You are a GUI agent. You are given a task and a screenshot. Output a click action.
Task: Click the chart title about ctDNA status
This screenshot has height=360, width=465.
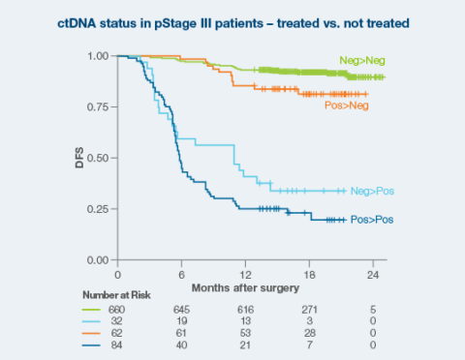pyautogui.click(x=232, y=22)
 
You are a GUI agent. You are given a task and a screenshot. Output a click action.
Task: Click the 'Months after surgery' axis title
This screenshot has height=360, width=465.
pyautogui.click(x=245, y=288)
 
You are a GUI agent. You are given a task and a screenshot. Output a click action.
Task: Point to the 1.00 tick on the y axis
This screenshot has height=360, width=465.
pyautogui.click(x=97, y=56)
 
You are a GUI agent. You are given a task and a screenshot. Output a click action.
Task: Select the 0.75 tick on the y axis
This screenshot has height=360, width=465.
pyautogui.click(x=97, y=106)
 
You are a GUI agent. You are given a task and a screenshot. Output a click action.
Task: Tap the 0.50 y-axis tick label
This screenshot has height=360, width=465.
pyautogui.click(x=97, y=158)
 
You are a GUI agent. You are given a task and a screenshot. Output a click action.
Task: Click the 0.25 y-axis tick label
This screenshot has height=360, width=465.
pyautogui.click(x=97, y=209)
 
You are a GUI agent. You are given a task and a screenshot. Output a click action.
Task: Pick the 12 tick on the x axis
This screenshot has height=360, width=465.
pyautogui.click(x=245, y=274)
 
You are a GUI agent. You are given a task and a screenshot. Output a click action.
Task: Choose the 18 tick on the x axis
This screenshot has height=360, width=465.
pyautogui.click(x=308, y=274)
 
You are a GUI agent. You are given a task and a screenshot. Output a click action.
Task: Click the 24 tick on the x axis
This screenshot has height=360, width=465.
pyautogui.click(x=372, y=274)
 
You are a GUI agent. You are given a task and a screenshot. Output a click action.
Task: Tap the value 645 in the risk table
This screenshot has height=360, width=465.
pyautogui.click(x=181, y=309)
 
